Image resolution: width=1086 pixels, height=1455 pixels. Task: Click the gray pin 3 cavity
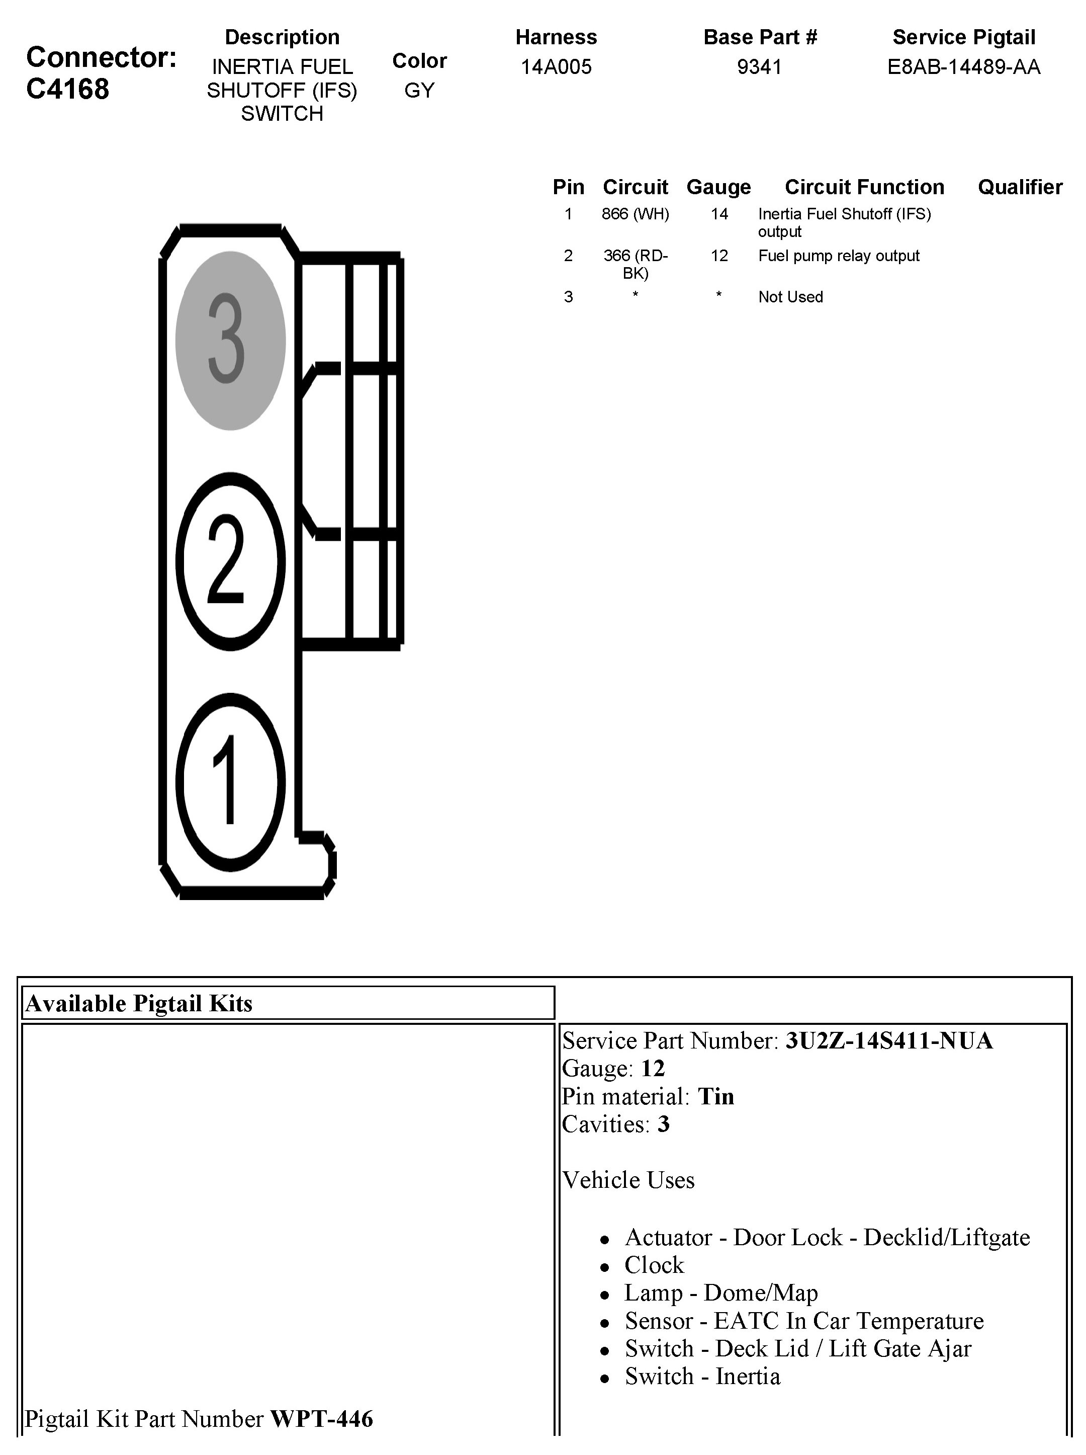[x=230, y=340]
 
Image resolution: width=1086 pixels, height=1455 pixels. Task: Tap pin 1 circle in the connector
[x=230, y=781]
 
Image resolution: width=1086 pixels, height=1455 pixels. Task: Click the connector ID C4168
[x=68, y=89]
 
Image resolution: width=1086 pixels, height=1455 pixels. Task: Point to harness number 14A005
[x=556, y=66]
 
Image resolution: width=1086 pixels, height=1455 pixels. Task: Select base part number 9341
[x=759, y=66]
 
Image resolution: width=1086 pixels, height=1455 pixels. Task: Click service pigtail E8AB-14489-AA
[x=964, y=66]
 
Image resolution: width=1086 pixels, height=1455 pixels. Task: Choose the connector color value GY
[x=419, y=90]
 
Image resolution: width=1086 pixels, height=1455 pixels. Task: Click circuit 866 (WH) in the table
[x=635, y=214]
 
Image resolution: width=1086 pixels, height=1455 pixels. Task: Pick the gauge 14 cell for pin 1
[x=719, y=214]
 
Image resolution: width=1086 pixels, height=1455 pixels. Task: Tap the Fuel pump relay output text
[x=838, y=256]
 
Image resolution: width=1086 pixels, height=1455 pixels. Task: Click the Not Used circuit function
[x=790, y=297]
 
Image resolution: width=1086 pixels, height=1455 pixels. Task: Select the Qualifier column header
[x=1020, y=187]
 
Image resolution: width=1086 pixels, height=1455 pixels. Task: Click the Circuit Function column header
[x=864, y=187]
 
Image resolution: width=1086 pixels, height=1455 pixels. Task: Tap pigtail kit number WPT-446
[x=321, y=1419]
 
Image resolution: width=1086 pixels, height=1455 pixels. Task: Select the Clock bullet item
[x=654, y=1265]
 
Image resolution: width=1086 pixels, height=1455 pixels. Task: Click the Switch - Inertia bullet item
[x=702, y=1376]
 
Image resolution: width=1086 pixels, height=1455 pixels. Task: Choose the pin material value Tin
[x=716, y=1096]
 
